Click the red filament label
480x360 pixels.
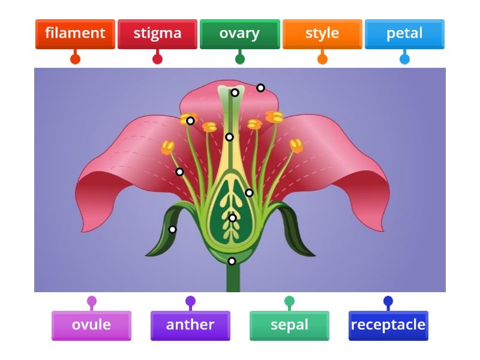[75, 34]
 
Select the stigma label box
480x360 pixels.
[157, 34]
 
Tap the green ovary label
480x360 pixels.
[239, 34]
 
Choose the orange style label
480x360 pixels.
[322, 34]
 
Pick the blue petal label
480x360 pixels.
[404, 34]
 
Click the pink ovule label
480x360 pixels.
[91, 325]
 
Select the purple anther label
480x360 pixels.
[190, 325]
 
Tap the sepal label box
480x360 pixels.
[289, 325]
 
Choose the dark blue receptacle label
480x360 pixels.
[388, 325]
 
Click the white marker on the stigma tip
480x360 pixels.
[235, 92]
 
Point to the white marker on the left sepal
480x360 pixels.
[172, 229]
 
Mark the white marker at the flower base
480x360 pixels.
[232, 261]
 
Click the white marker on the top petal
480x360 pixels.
[260, 88]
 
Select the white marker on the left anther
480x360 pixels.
[190, 121]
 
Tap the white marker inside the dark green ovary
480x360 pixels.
[232, 218]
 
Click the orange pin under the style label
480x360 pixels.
[322, 59]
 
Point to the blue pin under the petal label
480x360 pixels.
[404, 59]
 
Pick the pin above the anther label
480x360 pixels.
[190, 301]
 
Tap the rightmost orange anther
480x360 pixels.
[296, 146]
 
